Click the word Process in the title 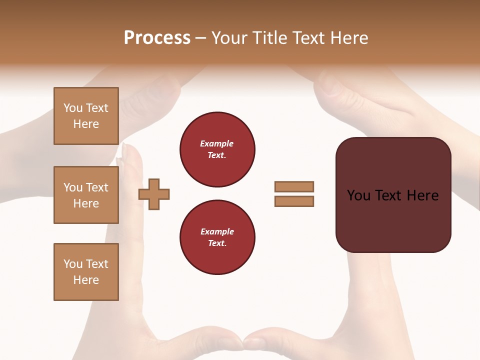157,38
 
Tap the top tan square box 86,116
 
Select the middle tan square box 86,195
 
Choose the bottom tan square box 86,272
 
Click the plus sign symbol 154,194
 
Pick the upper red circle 217,149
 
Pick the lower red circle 217,237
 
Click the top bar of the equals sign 294,186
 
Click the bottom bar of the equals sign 294,201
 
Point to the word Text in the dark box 389,195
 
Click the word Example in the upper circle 217,144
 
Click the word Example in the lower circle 217,232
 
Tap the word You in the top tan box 73,108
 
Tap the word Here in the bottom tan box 86,280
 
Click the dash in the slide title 201,38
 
